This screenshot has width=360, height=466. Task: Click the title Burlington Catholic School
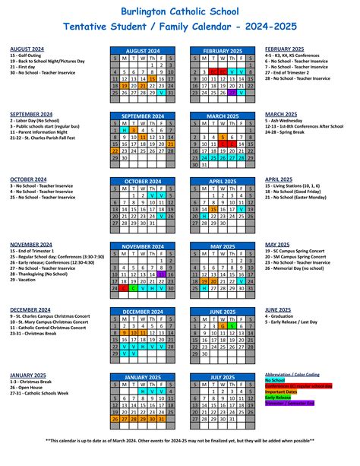pyautogui.click(x=179, y=11)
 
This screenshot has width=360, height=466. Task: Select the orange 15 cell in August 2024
pyautogui.click(x=153, y=78)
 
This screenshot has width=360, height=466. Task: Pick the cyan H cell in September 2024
pyautogui.click(x=123, y=130)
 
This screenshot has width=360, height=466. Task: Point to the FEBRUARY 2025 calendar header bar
pyautogui.click(x=226, y=50)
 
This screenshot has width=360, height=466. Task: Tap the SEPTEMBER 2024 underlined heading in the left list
pyautogui.click(x=31, y=114)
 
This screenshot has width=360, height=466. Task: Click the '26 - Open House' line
pyautogui.click(x=27, y=388)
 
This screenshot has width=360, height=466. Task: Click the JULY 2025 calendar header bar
pyautogui.click(x=226, y=378)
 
